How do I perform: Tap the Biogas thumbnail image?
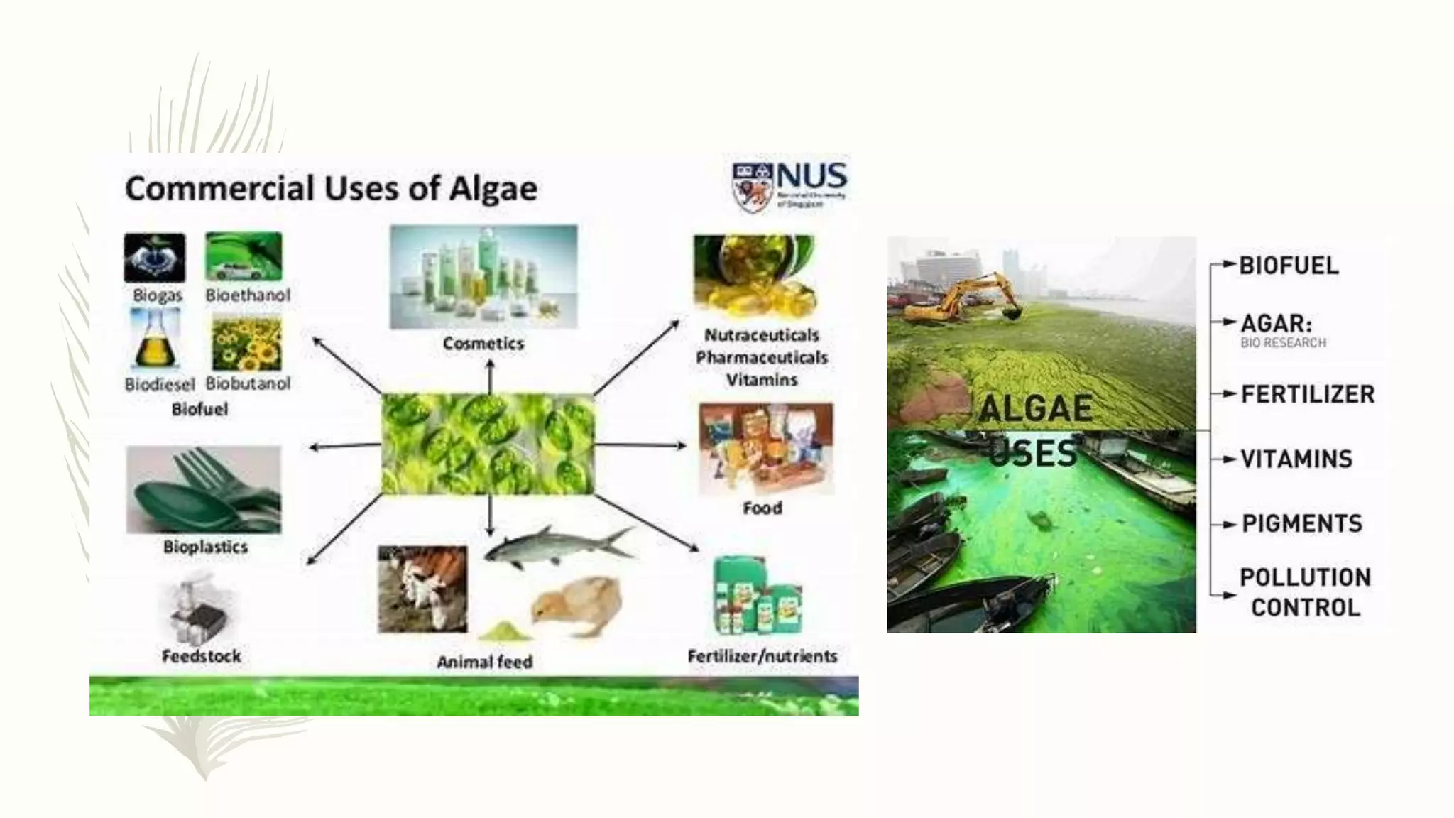tap(155, 258)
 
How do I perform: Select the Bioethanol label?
tap(248, 295)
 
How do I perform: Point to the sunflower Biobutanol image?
tap(246, 344)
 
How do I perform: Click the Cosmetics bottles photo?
tap(483, 277)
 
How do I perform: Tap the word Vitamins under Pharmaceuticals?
tap(762, 380)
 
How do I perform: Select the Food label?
tap(762, 508)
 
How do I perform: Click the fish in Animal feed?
tap(554, 545)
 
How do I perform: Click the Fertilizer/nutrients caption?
tap(762, 656)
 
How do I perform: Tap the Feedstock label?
tap(202, 656)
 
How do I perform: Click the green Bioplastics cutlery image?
tap(204, 489)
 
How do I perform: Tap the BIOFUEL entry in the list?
tap(1289, 266)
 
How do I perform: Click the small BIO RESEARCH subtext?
tap(1283, 343)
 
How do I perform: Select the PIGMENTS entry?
tap(1302, 524)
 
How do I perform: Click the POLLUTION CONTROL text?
tap(1305, 592)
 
